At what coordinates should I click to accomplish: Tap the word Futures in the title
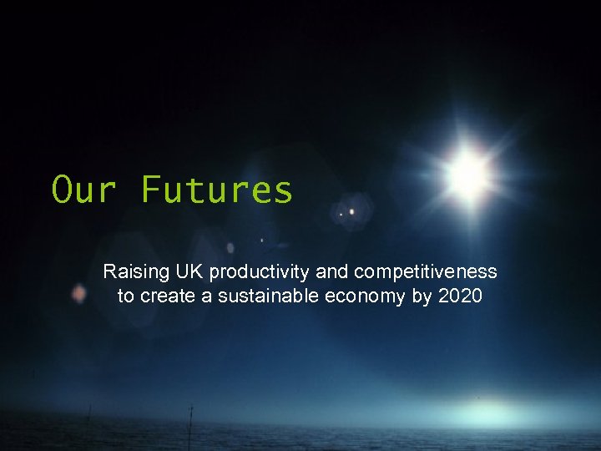click(x=217, y=190)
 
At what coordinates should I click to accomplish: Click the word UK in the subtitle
click(x=189, y=271)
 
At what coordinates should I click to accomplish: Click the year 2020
click(x=460, y=296)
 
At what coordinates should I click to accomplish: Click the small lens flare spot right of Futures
click(x=351, y=211)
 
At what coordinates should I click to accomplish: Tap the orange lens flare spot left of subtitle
click(x=78, y=293)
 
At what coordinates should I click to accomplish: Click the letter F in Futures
click(x=149, y=190)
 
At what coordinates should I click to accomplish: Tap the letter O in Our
click(x=62, y=190)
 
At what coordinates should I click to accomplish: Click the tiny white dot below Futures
click(x=262, y=240)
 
